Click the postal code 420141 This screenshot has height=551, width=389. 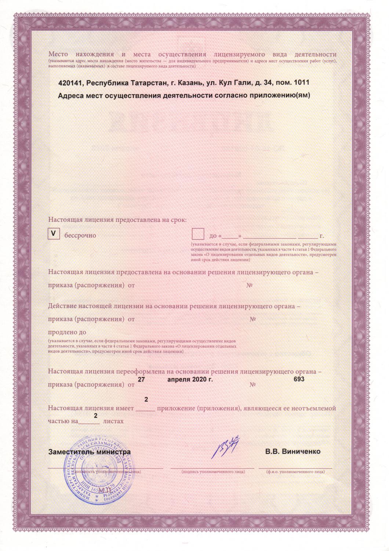pyautogui.click(x=70, y=83)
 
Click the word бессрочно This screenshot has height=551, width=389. pyautogui.click(x=80, y=235)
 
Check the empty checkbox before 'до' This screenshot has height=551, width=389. pyautogui.click(x=198, y=234)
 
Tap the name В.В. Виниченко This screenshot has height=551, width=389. pyautogui.click(x=293, y=451)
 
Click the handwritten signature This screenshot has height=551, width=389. pyautogui.click(x=227, y=447)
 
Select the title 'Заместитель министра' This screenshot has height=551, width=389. pyautogui.click(x=90, y=452)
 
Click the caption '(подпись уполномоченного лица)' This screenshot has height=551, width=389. pyautogui.click(x=213, y=471)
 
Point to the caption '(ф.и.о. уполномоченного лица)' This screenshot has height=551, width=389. pyautogui.click(x=295, y=471)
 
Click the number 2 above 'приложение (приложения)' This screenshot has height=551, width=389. pyautogui.click(x=146, y=399)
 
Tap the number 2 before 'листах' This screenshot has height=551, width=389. pyautogui.click(x=96, y=415)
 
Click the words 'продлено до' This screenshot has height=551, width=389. pyautogui.click(x=67, y=332)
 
